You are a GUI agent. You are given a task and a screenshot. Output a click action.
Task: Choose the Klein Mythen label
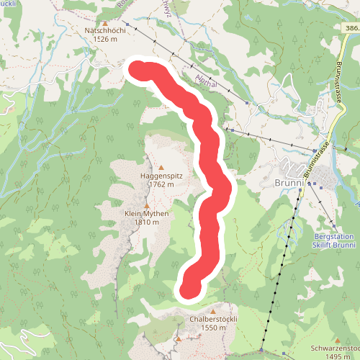[x=146, y=214]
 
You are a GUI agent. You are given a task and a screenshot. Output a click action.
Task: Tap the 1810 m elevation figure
[x=146, y=223]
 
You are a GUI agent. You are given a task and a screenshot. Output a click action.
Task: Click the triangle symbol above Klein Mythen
[x=146, y=205]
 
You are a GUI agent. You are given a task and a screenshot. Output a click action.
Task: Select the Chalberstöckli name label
[x=213, y=319]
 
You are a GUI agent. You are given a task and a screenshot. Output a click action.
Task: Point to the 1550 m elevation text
[x=213, y=328]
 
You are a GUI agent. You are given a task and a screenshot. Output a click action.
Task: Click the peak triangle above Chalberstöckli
[x=213, y=310]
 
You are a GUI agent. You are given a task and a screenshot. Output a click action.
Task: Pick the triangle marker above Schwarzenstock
[x=336, y=340]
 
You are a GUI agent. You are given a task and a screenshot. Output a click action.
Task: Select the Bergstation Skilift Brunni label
[x=336, y=240]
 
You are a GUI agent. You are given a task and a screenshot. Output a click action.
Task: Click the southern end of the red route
[x=189, y=289]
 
